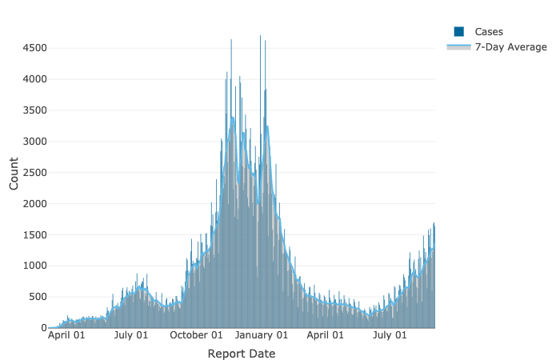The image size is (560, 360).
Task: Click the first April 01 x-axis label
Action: coord(67,336)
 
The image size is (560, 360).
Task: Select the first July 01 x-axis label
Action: coord(131,336)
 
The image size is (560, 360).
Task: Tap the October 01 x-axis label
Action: coord(195,336)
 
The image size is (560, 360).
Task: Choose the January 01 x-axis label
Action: coord(261,336)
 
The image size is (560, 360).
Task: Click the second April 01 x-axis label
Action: coord(325,336)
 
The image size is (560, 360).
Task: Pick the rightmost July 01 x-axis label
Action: coord(389,336)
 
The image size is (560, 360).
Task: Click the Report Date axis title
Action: coord(241,354)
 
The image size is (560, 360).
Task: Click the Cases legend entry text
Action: coord(489,31)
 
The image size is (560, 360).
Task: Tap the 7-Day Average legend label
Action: coord(511,47)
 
